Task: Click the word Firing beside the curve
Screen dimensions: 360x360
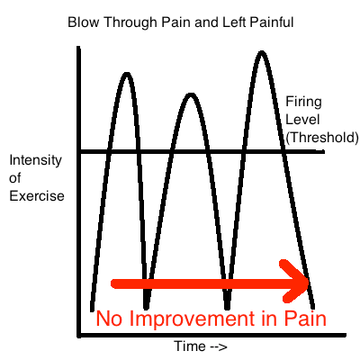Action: (303, 103)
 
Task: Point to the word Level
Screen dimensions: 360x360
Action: (302, 120)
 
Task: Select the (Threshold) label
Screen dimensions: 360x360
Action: (322, 138)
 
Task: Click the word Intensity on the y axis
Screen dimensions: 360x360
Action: (35, 161)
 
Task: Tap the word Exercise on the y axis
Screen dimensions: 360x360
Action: (37, 196)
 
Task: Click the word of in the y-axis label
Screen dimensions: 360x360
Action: (15, 178)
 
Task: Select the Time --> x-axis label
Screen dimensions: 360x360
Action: (201, 346)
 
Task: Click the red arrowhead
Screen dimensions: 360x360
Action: (294, 281)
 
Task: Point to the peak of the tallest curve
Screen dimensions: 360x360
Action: (262, 53)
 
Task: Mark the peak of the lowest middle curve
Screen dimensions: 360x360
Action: (191, 95)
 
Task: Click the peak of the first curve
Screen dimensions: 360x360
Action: (127, 75)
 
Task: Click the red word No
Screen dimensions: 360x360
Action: (109, 319)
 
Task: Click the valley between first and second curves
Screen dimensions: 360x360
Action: (146, 307)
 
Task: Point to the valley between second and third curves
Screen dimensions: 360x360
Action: (227, 307)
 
